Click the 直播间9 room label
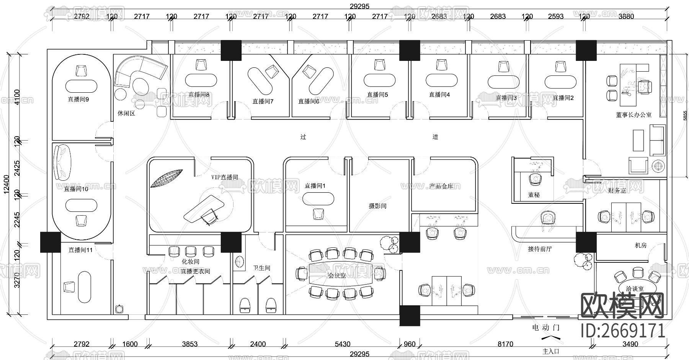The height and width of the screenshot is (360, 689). tap(78, 99)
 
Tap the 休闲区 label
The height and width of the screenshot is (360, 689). tap(126, 114)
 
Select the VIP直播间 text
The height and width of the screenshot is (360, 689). tap(225, 177)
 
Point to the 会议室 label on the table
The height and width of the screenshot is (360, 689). tap(337, 275)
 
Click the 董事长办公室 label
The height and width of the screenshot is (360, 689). tap(633, 115)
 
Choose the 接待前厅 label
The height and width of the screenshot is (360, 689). tap(540, 249)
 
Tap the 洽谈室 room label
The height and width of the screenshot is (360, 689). tap(635, 289)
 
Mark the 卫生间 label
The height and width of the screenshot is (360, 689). tap(262, 268)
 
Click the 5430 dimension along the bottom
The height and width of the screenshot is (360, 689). tap(342, 344)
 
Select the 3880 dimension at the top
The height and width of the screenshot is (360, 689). tap(626, 16)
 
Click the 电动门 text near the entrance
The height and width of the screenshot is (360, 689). tap(546, 328)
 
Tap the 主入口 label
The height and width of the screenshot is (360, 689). tap(551, 351)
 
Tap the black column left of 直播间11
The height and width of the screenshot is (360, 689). tap(51, 242)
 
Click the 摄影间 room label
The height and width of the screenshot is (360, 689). tap(377, 206)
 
